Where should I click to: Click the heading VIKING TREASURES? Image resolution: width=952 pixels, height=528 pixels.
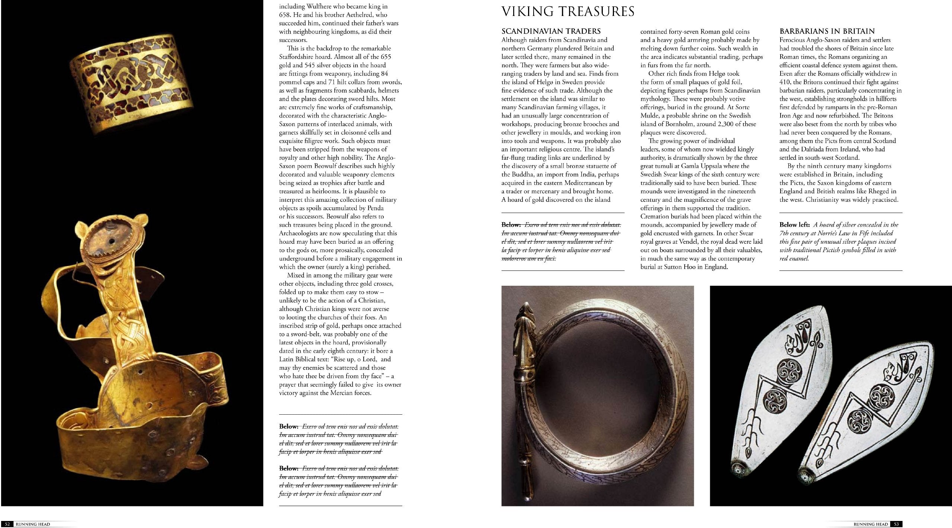click(x=567, y=12)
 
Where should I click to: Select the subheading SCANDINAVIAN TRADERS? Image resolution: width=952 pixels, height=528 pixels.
click(x=551, y=31)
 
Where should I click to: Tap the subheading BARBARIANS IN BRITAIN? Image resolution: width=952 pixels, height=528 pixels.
click(x=827, y=31)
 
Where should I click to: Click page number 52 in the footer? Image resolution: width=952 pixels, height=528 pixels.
click(x=7, y=524)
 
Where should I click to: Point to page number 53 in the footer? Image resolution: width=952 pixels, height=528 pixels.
click(x=896, y=524)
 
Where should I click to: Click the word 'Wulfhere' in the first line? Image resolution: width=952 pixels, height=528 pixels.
click(x=322, y=6)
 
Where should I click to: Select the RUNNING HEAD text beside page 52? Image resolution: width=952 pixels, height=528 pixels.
click(x=33, y=524)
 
